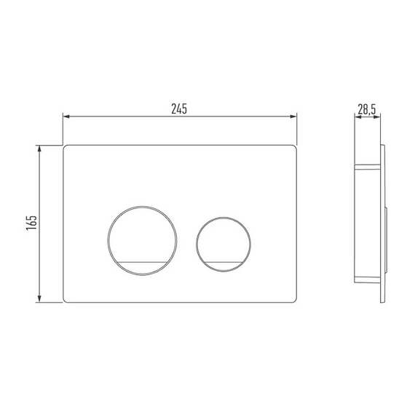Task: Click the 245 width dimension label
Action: click(179, 108)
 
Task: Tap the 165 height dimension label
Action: click(31, 223)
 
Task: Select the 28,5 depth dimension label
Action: click(367, 109)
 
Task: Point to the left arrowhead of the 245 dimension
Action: click(66, 116)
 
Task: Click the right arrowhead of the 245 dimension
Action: click(293, 116)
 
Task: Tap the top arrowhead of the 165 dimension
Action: click(39, 149)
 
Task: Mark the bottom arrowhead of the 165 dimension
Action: click(39, 299)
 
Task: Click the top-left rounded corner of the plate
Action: click(64, 146)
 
